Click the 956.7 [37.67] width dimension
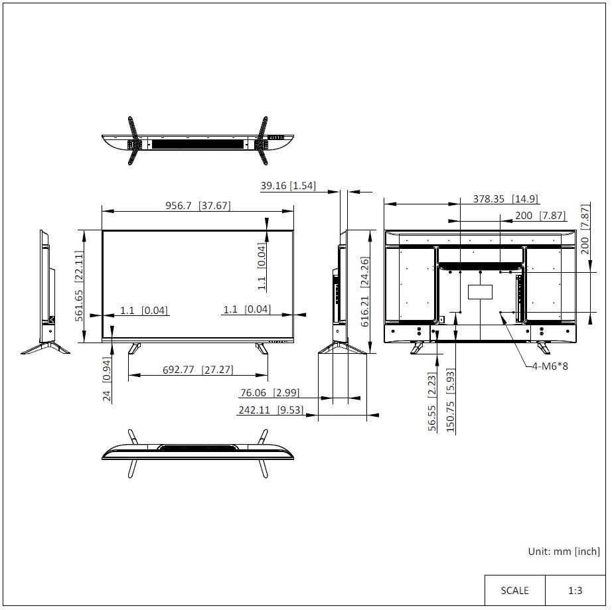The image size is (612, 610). [x=198, y=205]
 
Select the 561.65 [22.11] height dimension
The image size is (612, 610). [x=79, y=286]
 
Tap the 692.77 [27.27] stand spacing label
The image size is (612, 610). [x=198, y=369]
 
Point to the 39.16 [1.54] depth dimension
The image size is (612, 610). [x=288, y=185]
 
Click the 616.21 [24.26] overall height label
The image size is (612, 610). [x=364, y=292]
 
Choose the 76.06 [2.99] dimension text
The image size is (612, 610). [x=269, y=392]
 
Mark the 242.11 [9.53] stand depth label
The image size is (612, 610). [x=271, y=410]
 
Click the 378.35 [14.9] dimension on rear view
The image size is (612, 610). [x=506, y=198]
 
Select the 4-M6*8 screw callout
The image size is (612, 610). [x=550, y=366]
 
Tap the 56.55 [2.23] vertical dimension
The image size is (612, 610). [x=431, y=402]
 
